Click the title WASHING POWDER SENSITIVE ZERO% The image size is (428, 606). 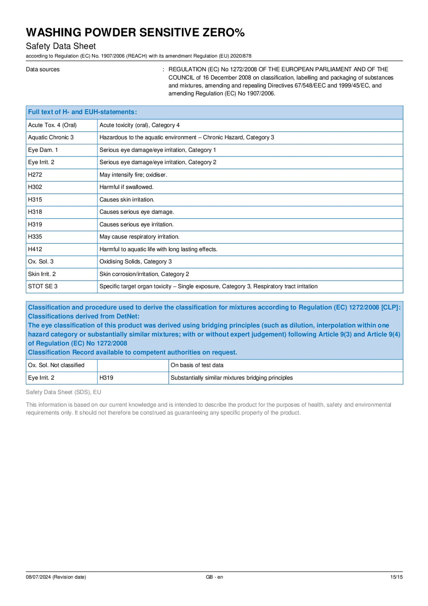135,33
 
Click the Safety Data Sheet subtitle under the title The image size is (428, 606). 61,46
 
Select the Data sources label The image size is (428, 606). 43,69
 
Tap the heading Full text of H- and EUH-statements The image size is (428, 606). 82,112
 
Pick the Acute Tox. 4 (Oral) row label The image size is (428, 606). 52,125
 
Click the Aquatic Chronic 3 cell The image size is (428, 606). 51,137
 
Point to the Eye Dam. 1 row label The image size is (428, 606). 43,150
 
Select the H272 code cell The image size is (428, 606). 35,175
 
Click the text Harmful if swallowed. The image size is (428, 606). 126,187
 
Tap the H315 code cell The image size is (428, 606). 35,200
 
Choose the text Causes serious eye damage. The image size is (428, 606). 137,212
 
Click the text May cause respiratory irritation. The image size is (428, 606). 139,237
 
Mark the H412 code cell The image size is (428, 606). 35,249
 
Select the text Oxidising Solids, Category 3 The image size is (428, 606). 136,262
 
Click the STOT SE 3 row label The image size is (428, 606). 43,286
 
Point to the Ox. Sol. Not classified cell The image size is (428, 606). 56,365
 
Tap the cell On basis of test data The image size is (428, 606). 197,365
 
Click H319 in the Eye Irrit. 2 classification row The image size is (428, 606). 106,378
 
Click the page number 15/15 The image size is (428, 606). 396,577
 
